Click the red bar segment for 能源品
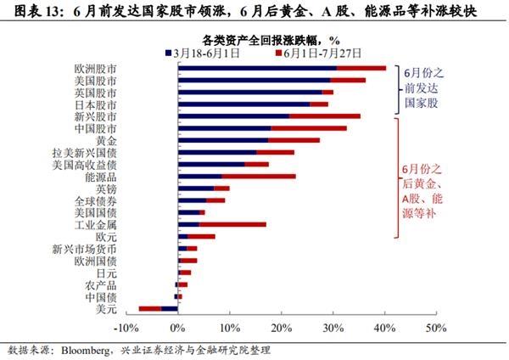(x=259, y=177)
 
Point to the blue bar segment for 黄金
(x=222, y=140)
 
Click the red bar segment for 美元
(x=149, y=308)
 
